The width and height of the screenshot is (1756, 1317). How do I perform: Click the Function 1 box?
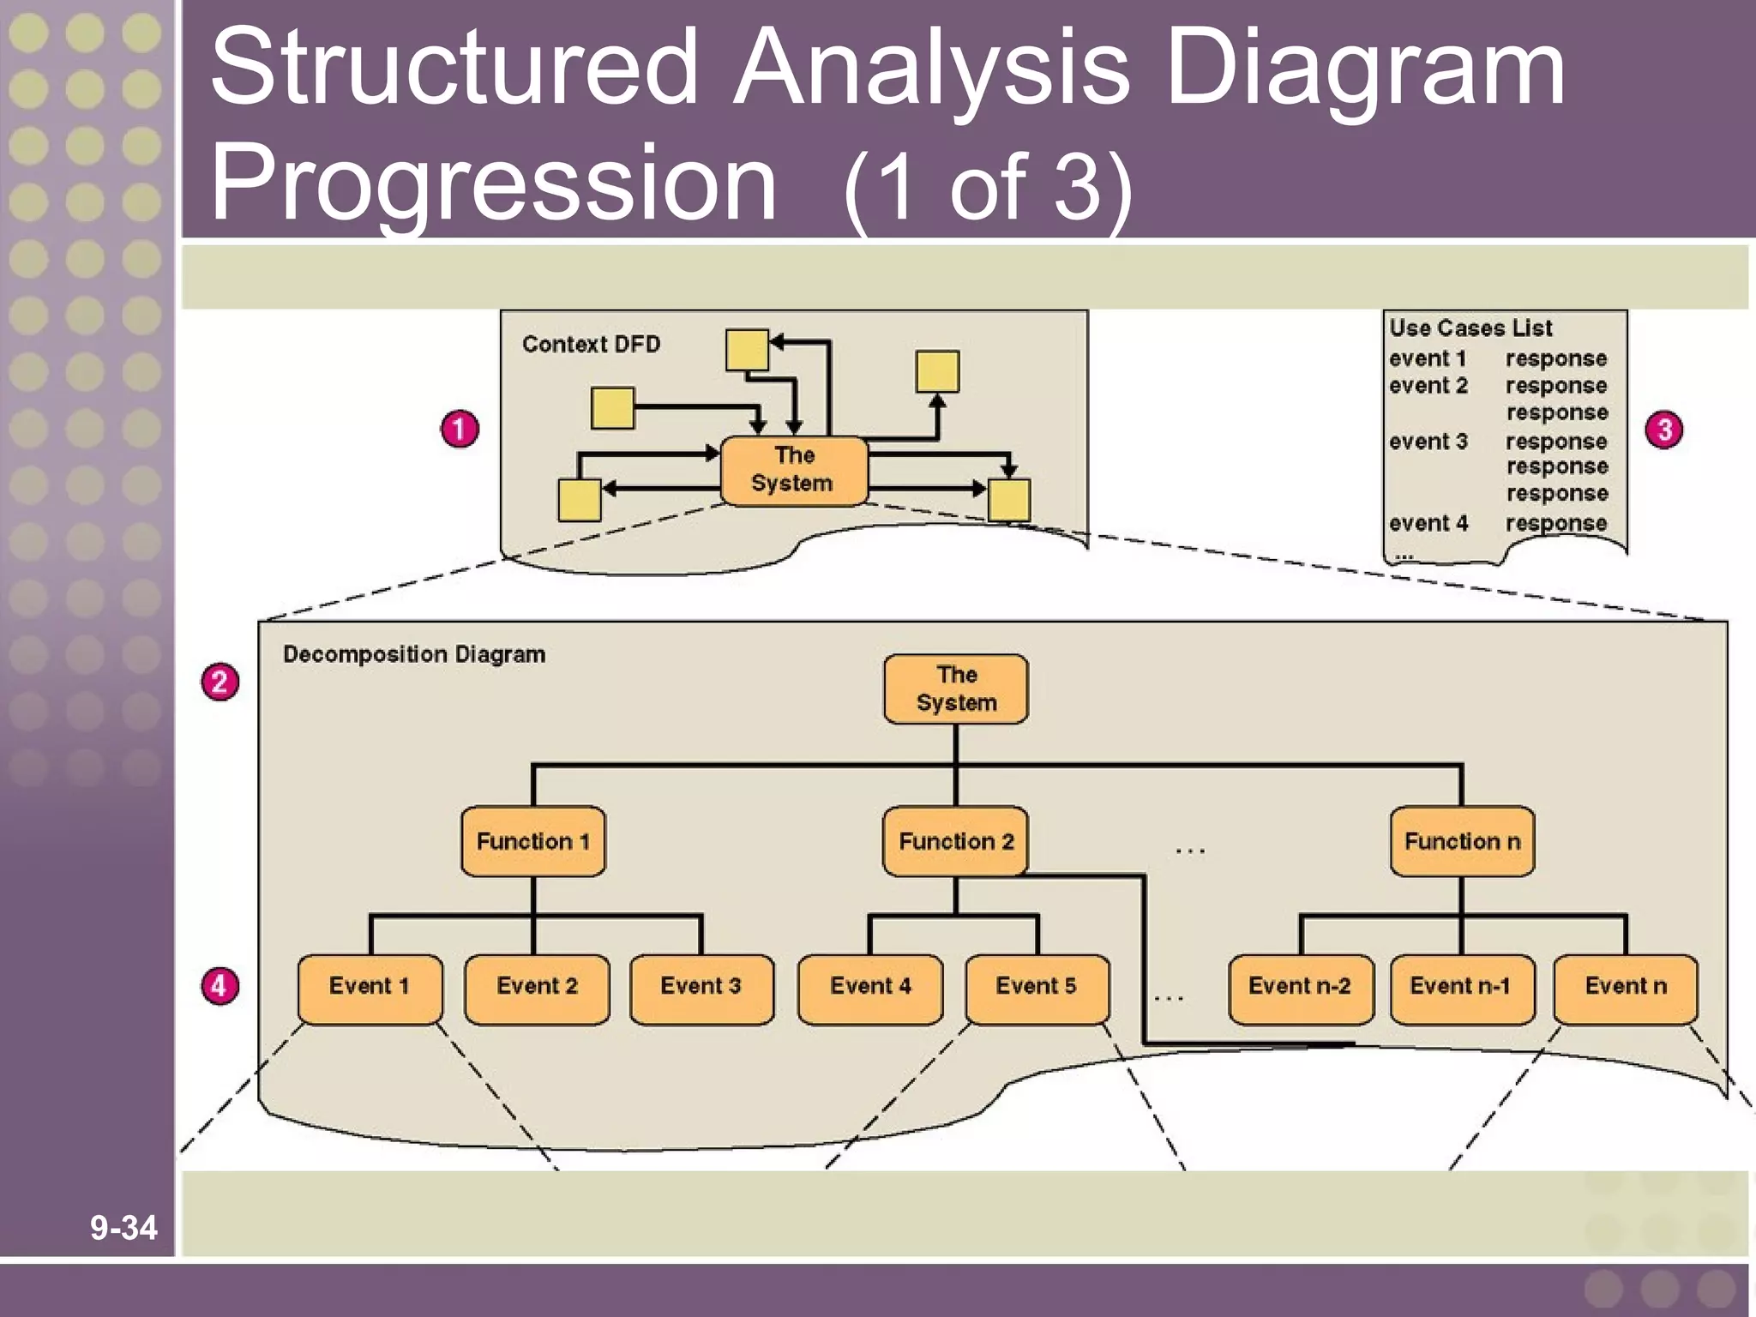click(x=532, y=841)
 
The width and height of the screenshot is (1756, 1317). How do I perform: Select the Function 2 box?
click(x=955, y=841)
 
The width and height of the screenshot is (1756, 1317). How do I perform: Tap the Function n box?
click(x=1462, y=841)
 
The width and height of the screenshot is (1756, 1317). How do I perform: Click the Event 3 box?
click(x=701, y=989)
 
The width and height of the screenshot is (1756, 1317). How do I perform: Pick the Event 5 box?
click(x=1037, y=989)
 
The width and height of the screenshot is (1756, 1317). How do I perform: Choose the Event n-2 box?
click(x=1300, y=989)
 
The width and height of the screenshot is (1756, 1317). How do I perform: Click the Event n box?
click(x=1626, y=989)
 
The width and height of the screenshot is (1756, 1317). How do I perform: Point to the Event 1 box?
click(x=370, y=989)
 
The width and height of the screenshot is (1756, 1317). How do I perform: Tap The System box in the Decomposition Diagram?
click(x=956, y=689)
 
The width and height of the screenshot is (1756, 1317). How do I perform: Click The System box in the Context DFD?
click(x=793, y=470)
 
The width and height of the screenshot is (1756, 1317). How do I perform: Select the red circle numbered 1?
click(x=460, y=429)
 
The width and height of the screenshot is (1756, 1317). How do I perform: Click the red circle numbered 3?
click(x=1663, y=430)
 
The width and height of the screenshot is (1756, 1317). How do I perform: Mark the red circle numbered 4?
click(x=219, y=986)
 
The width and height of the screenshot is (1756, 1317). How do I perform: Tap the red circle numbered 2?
click(x=219, y=683)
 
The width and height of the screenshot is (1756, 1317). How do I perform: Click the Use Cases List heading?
click(x=1470, y=328)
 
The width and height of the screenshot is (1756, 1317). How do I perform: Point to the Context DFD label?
click(x=591, y=344)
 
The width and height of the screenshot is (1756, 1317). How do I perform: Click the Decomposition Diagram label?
click(x=414, y=654)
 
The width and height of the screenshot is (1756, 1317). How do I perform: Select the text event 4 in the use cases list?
click(x=1428, y=523)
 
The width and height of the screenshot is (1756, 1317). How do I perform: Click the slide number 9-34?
click(x=123, y=1228)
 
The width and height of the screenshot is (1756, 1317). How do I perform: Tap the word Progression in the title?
click(x=493, y=183)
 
